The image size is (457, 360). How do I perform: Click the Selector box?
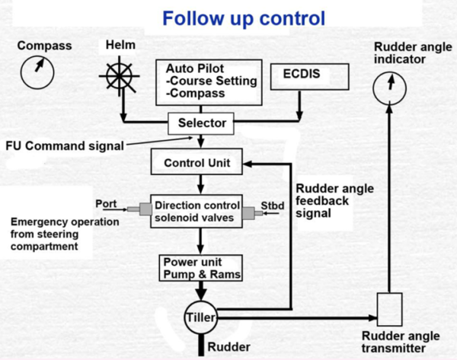coord(202,122)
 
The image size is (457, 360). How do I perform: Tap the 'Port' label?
coord(105,204)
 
